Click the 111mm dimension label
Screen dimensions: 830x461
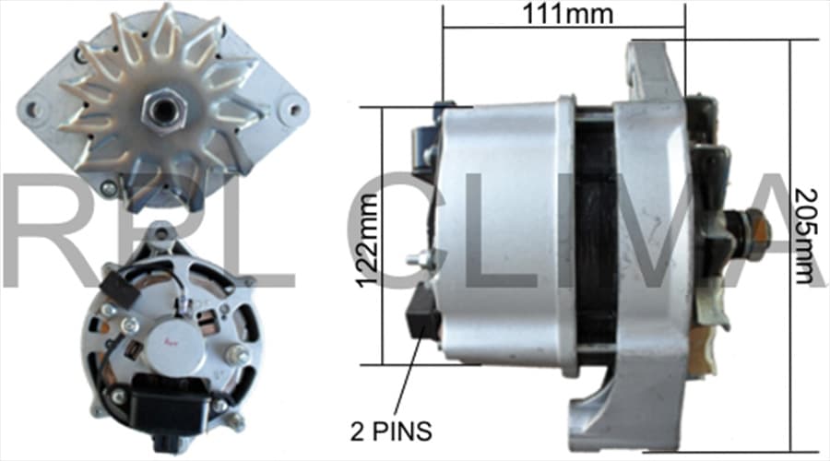(568, 14)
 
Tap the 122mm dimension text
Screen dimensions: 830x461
(368, 241)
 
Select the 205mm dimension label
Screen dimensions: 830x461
(806, 236)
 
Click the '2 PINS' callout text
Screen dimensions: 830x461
(391, 431)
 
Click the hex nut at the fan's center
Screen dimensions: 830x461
(162, 110)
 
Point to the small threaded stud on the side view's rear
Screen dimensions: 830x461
(418, 259)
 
